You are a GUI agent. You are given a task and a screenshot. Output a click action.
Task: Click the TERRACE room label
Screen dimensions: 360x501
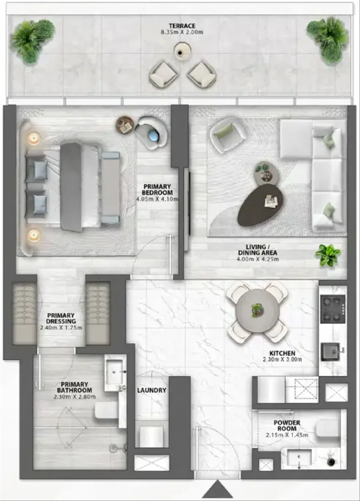tap(182, 26)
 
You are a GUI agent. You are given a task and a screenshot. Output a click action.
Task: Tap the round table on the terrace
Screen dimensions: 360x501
tap(182, 51)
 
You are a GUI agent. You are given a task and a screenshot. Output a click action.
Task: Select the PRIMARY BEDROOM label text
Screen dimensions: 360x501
tap(157, 189)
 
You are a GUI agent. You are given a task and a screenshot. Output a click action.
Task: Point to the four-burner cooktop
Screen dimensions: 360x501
tap(333, 308)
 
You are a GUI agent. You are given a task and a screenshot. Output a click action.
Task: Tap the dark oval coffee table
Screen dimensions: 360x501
tap(261, 205)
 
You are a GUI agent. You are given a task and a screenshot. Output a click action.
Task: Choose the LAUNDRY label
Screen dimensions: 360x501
tap(152, 390)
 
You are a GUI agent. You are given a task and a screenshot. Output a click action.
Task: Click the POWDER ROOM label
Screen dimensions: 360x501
tap(287, 425)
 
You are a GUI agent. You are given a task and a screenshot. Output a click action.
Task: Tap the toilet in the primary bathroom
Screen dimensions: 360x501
tap(106, 410)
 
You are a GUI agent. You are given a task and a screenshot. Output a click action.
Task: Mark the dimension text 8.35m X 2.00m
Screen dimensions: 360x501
tap(182, 32)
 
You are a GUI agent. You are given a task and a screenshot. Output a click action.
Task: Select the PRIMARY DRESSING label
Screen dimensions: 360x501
tap(61, 318)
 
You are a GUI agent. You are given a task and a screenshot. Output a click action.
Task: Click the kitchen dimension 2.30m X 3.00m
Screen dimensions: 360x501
tap(283, 359)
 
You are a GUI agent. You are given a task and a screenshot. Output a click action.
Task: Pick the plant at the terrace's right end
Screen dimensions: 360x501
tap(328, 39)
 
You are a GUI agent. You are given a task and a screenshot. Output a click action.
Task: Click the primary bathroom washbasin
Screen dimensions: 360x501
tap(114, 372)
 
